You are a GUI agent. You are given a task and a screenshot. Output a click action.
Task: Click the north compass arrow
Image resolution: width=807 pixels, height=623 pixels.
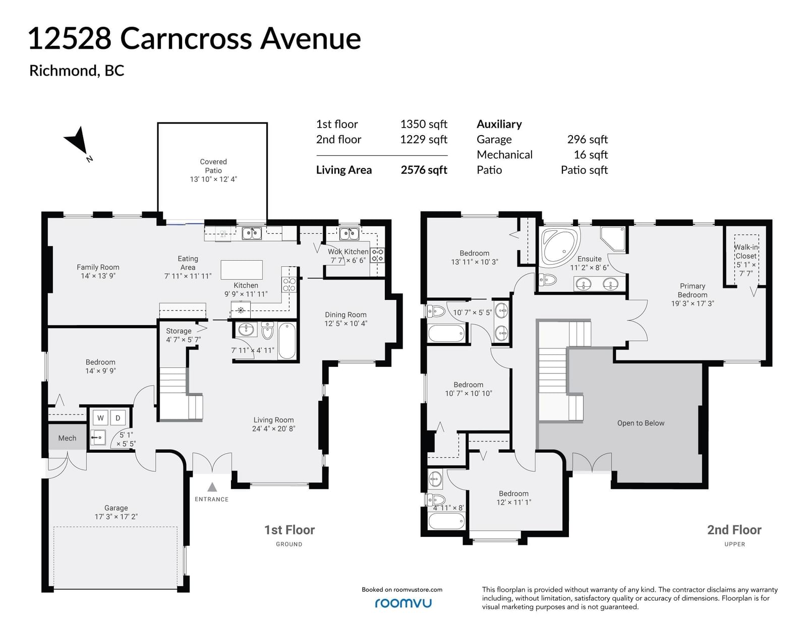point(79,141)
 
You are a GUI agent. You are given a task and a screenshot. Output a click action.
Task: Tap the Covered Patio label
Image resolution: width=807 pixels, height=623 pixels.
point(213,166)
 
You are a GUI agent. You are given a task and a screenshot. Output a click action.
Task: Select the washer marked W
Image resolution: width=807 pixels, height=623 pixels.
point(100,418)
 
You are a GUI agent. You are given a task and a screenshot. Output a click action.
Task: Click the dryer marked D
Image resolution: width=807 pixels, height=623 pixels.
point(118,418)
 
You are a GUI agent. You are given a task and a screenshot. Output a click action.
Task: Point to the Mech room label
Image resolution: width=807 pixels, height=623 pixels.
point(67,438)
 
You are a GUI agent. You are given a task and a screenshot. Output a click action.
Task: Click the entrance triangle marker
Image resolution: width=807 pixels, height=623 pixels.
point(212,486)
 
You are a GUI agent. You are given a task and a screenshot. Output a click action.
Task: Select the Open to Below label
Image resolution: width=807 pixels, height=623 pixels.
point(641,423)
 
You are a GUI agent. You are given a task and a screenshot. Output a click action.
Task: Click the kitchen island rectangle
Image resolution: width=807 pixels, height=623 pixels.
point(242,269)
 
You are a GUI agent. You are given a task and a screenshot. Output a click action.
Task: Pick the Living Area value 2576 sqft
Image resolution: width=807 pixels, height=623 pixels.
point(424,170)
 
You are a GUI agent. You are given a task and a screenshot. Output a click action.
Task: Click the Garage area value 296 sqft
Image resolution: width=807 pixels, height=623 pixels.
point(587,140)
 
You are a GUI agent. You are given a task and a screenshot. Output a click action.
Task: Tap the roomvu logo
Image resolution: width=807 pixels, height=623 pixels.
point(403,603)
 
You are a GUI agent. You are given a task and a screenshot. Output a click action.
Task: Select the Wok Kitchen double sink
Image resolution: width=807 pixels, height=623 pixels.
point(349,234)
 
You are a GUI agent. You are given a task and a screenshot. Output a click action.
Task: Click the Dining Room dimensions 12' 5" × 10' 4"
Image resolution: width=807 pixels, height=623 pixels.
point(345,324)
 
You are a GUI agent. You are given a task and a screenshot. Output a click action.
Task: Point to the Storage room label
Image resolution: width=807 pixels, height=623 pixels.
point(179,331)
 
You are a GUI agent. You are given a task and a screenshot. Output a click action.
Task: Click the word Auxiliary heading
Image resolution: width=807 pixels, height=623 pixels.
point(499,124)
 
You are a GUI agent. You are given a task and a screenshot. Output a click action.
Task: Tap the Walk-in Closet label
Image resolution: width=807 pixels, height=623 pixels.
point(746,252)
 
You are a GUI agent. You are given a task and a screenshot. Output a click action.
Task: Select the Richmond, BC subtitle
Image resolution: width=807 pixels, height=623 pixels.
point(77,71)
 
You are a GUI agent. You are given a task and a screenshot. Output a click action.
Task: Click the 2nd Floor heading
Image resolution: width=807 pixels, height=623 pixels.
point(734,530)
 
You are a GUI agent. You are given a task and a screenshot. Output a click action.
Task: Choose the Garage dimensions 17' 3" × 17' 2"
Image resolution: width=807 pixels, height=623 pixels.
point(116,517)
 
